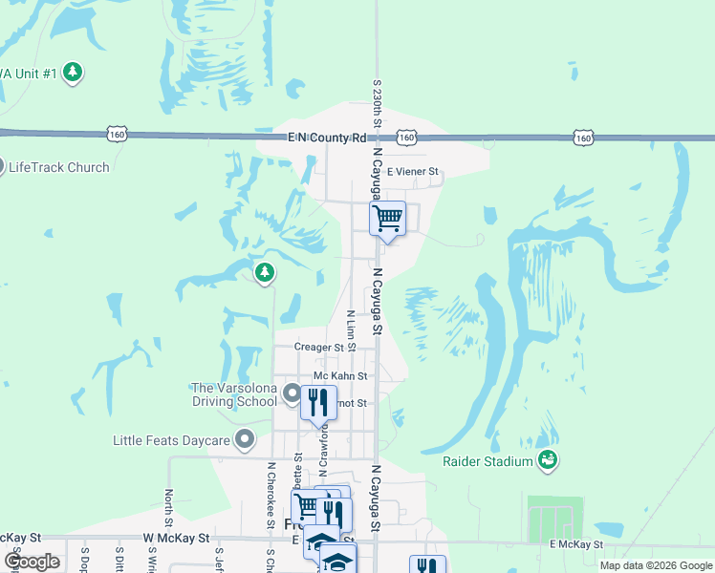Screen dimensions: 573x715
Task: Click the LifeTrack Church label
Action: pyautogui.click(x=58, y=167)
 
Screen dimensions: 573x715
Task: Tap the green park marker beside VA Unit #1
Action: pyautogui.click(x=73, y=72)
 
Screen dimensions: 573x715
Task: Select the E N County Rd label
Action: pyautogui.click(x=328, y=138)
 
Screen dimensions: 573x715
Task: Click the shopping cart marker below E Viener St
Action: pyautogui.click(x=387, y=219)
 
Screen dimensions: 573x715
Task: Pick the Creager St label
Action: pyautogui.click(x=319, y=348)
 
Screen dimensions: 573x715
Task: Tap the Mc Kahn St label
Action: pyautogui.click(x=334, y=376)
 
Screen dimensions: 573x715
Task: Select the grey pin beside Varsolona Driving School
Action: pyautogui.click(x=292, y=392)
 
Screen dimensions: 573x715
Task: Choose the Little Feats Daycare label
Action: pyautogui.click(x=173, y=440)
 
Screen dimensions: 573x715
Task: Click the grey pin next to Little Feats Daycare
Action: pyautogui.click(x=245, y=440)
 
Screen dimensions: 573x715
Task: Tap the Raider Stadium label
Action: pyautogui.click(x=487, y=462)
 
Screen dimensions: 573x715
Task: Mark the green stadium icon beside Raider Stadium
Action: pyautogui.click(x=547, y=461)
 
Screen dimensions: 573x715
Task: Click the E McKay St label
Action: pyautogui.click(x=576, y=544)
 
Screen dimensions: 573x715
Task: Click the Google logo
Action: pyautogui.click(x=32, y=562)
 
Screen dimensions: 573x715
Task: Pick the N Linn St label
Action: pyautogui.click(x=351, y=328)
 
